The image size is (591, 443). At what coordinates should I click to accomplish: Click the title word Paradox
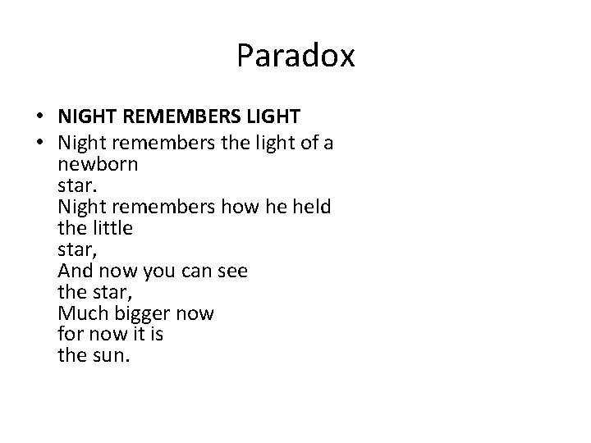tap(295, 56)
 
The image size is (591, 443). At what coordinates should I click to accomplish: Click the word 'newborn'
tap(98, 165)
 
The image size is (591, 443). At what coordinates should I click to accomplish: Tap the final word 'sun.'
tap(111, 357)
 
